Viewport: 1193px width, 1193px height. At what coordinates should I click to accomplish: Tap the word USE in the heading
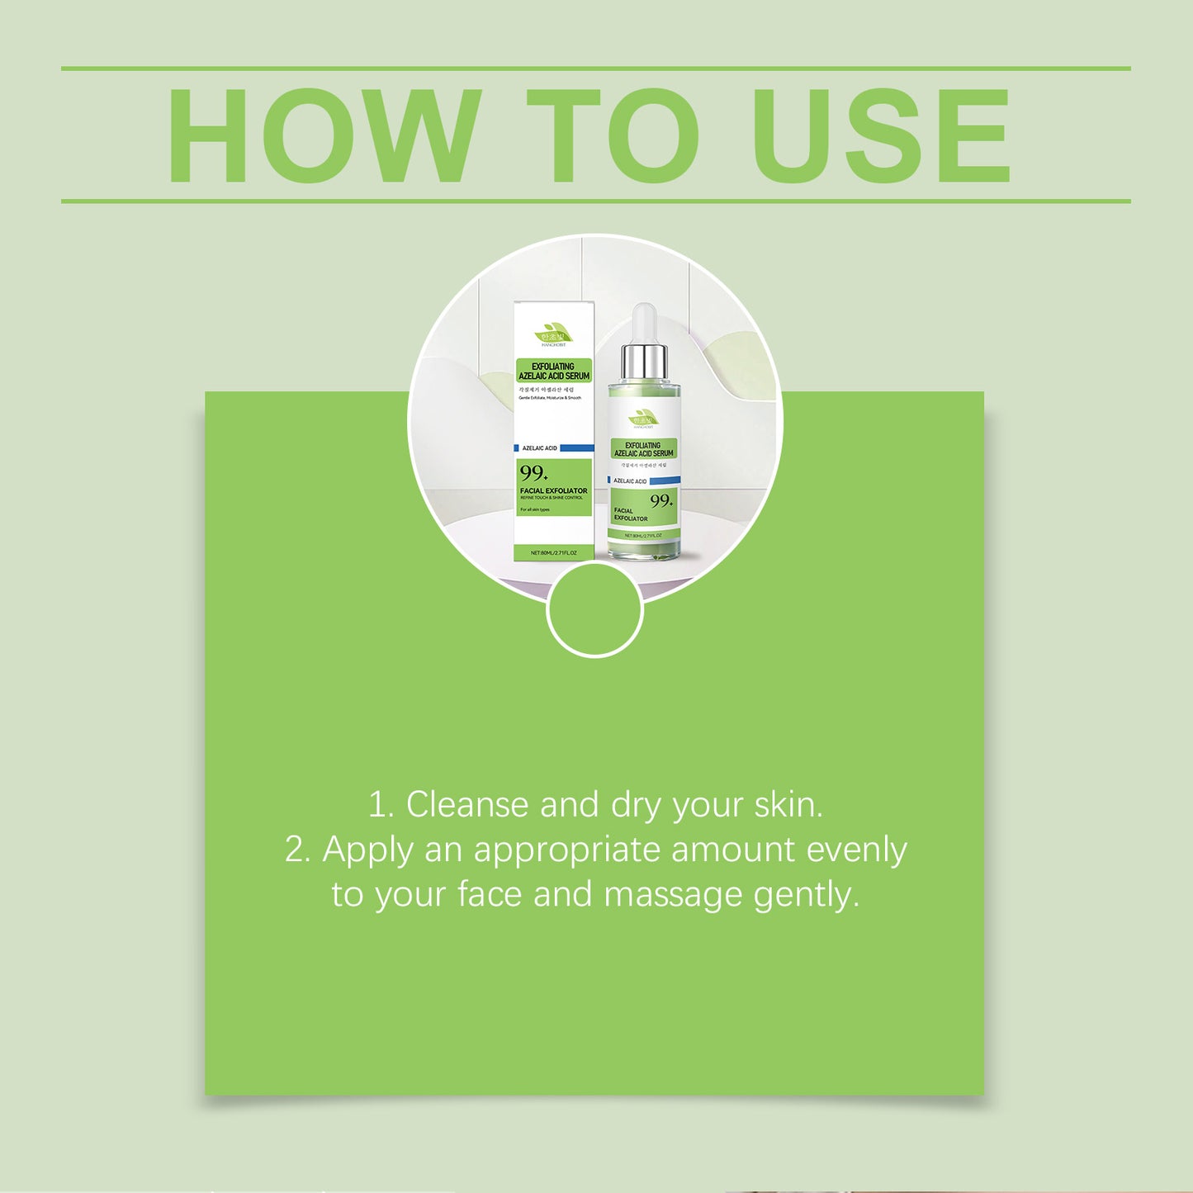click(x=880, y=136)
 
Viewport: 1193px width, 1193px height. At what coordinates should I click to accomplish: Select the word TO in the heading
click(x=613, y=136)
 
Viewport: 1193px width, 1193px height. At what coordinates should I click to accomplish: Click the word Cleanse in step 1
click(x=466, y=805)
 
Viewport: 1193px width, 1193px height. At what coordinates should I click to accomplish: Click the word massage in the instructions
click(x=673, y=895)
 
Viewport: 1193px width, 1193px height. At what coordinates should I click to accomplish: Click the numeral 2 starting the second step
click(x=295, y=850)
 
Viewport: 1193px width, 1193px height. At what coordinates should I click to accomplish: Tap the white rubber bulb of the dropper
click(x=644, y=324)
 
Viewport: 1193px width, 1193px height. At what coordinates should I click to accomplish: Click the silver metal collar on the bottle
click(x=644, y=362)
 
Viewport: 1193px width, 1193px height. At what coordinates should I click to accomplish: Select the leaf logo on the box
click(x=553, y=334)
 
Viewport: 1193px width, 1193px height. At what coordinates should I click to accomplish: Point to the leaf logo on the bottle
click(x=643, y=417)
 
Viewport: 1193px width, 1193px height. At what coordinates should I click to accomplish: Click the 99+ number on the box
click(x=533, y=473)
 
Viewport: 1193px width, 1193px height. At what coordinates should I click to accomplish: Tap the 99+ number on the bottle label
click(x=660, y=501)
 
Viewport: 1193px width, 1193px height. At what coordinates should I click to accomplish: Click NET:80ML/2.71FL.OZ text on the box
click(x=553, y=552)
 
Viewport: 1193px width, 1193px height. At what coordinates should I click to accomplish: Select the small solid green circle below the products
click(x=594, y=609)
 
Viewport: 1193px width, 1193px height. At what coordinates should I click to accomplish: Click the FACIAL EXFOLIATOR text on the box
click(x=553, y=490)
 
